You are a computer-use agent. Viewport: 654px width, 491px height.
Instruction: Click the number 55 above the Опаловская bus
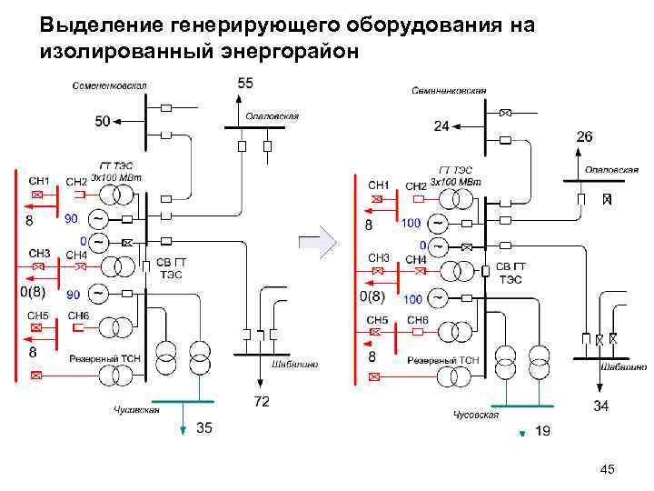click(246, 84)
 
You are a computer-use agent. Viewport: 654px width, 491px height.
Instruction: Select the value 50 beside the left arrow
click(103, 120)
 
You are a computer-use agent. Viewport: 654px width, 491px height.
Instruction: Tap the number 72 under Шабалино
click(261, 401)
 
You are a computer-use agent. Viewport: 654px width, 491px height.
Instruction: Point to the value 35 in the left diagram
click(206, 429)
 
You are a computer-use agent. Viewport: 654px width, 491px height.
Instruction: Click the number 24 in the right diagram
click(441, 126)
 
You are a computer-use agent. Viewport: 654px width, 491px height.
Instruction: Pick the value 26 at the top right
click(585, 136)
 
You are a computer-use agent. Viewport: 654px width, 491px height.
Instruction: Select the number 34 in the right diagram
click(601, 405)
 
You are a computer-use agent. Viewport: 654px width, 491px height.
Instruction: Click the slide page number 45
click(608, 469)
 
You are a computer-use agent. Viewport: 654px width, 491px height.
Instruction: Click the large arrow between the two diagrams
click(317, 244)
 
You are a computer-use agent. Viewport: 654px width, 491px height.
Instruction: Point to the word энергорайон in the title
click(296, 51)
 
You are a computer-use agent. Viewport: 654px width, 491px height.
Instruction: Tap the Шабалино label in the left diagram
click(295, 364)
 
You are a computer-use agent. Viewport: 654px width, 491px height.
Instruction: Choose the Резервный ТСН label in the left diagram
click(105, 358)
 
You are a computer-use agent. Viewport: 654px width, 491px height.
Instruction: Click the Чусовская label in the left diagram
click(136, 410)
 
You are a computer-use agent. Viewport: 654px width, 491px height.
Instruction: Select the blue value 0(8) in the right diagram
click(372, 296)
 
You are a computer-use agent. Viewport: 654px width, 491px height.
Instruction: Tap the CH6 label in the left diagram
click(77, 316)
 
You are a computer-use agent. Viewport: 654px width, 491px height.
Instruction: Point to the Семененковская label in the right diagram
click(449, 91)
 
